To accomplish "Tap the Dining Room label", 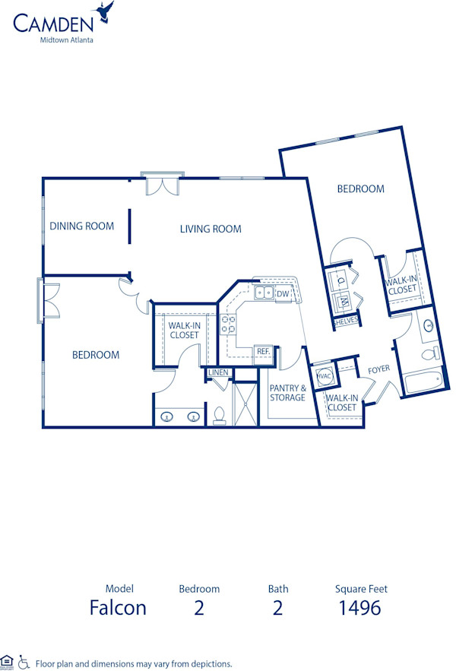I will (x=82, y=226).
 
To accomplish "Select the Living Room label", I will (x=211, y=229).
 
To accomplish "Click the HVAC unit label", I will (x=323, y=375).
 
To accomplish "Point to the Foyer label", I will (x=378, y=370).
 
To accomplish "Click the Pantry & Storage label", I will (x=287, y=392).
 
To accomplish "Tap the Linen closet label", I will (x=218, y=372).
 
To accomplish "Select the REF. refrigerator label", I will (x=264, y=352).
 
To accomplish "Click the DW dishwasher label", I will (x=283, y=293).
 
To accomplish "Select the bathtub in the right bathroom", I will (x=423, y=380).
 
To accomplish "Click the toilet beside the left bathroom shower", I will (x=220, y=415).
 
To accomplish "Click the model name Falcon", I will (x=118, y=608).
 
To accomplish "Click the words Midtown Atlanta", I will (x=67, y=40).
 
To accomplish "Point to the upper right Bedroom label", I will (x=361, y=188).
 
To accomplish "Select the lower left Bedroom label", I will (x=96, y=354).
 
